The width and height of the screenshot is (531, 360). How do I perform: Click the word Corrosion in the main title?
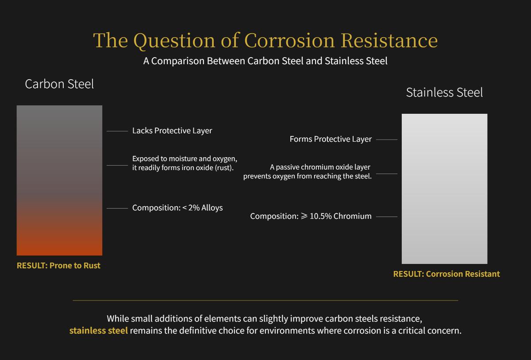[x=289, y=40]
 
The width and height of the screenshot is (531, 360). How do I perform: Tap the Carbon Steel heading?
[x=59, y=84]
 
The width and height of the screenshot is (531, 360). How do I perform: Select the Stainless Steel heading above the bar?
[x=444, y=93]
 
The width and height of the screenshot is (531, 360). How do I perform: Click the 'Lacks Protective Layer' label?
[x=172, y=131]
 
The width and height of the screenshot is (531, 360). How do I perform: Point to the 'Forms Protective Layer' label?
[x=331, y=139]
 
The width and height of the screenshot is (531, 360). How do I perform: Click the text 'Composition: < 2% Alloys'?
[x=177, y=208]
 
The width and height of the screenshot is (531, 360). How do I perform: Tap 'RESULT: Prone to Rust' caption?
[x=58, y=266]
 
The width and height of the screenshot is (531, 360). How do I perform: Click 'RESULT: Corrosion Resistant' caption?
[x=446, y=274]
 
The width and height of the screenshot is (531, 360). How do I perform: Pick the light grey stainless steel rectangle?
[x=444, y=189]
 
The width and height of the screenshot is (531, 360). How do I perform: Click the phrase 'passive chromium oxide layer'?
[x=323, y=167]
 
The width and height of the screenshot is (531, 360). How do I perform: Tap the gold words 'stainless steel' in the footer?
[x=98, y=331]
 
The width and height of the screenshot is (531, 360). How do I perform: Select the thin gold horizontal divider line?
[x=265, y=301]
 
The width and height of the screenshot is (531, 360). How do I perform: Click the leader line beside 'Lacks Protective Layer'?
[x=117, y=131]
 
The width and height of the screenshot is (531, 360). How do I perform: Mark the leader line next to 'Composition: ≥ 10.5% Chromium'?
[x=387, y=217]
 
